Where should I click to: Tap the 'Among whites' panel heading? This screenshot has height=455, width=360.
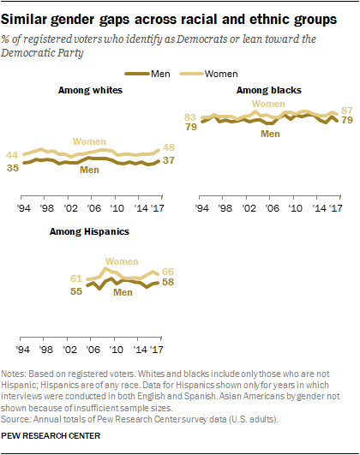[x=89, y=90]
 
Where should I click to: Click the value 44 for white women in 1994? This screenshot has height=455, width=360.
[x=14, y=154]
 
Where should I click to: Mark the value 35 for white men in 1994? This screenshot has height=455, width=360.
[x=14, y=168]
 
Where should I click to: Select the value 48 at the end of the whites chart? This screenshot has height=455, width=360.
[x=170, y=147]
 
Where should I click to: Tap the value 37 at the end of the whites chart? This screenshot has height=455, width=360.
[x=170, y=161]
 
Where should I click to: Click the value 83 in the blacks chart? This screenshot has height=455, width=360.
[x=191, y=117]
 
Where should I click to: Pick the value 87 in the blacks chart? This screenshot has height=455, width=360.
[x=346, y=111]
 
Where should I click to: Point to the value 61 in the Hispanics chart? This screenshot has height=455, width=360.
[x=76, y=278]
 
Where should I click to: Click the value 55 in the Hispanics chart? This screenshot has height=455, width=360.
[x=76, y=292]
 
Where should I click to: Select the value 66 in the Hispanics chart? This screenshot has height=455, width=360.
[x=170, y=272]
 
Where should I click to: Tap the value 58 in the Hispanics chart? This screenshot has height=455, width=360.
[x=170, y=284]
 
